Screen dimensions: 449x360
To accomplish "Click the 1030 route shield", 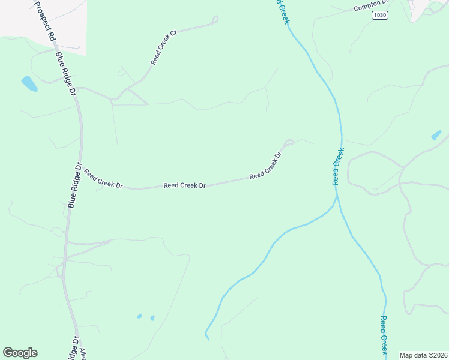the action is (x=379, y=15).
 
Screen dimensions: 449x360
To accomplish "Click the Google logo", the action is (x=20, y=353).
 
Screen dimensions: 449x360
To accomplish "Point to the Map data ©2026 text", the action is (x=423, y=355).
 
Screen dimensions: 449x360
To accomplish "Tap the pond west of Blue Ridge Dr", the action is (x=29, y=83).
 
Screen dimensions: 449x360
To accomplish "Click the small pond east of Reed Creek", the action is (x=436, y=135).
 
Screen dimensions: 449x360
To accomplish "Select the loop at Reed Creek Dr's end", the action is (x=289, y=143).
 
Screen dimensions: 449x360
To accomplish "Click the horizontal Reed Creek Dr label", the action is (x=185, y=186).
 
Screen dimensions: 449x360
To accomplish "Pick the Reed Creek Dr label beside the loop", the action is (x=266, y=166).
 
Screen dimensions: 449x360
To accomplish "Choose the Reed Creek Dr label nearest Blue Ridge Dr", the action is (x=103, y=179).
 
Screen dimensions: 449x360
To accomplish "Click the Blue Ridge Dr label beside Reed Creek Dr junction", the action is (x=74, y=185).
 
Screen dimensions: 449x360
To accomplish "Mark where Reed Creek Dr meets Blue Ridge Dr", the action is (x=82, y=170).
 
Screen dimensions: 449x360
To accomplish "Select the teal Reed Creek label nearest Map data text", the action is (x=384, y=337).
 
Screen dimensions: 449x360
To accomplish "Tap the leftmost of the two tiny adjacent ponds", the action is (x=140, y=316).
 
